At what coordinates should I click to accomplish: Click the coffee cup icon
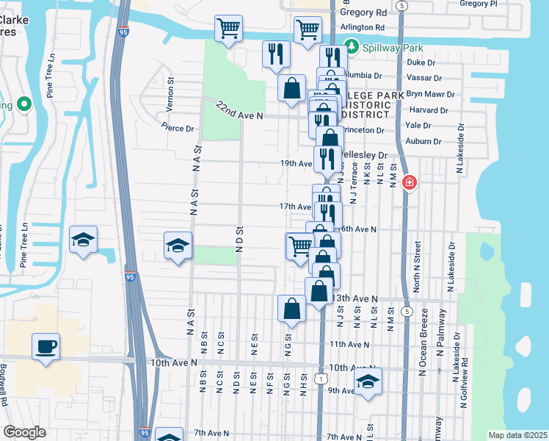tap(46, 346)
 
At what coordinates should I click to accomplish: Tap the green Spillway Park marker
tap(352, 48)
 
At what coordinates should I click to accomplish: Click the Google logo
tap(24, 432)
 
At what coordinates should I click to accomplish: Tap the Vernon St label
tap(170, 95)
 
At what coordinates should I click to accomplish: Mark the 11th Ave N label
tap(349, 344)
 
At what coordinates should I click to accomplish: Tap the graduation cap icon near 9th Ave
tap(368, 381)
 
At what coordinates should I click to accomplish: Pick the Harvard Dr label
tap(434, 110)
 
